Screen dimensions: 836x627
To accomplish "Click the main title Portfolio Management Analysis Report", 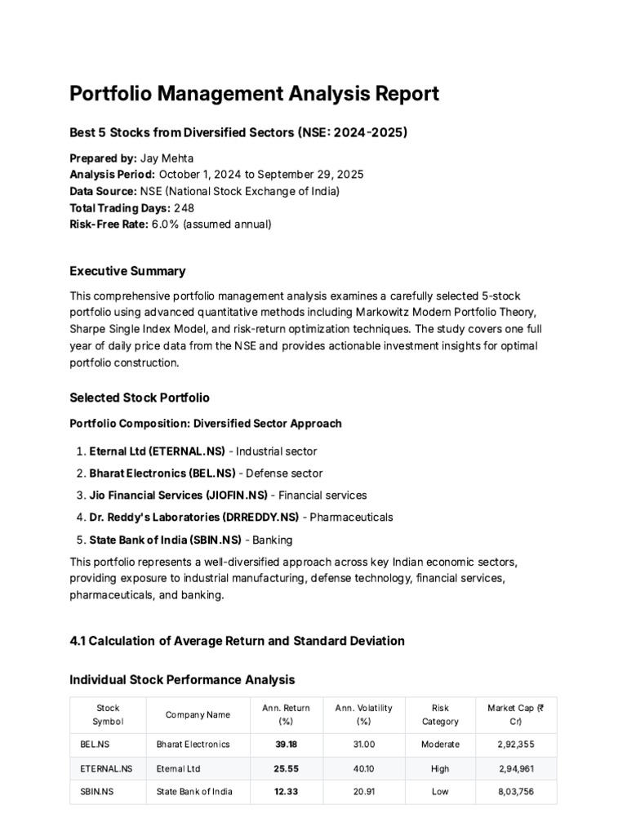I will point(254,94).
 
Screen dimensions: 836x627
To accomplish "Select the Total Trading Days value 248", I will point(184,207).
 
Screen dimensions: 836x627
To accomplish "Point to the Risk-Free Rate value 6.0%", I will point(166,224).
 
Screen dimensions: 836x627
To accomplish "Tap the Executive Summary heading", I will point(127,271).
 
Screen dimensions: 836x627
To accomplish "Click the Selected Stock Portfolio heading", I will point(140,398).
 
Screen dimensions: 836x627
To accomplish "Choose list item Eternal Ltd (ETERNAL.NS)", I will point(157,451).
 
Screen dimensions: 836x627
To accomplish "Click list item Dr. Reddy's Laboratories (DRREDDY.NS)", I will point(193,517).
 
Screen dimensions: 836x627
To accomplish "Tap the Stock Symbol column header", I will point(108,714).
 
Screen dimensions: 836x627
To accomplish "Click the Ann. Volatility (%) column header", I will point(363,714).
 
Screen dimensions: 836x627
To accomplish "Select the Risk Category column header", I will point(440,714).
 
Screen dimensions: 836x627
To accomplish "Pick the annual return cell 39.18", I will point(286,744).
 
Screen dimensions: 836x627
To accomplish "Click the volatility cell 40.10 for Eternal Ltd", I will point(363,768).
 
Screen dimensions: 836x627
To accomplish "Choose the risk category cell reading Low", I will point(440,793).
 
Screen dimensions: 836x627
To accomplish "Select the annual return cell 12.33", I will point(286,793).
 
